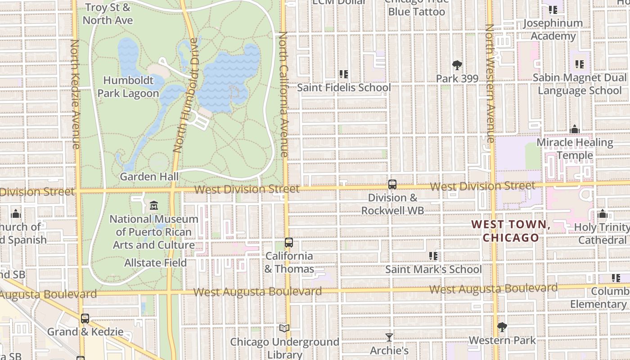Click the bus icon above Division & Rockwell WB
pos(392,184)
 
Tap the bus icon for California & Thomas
pos(289,243)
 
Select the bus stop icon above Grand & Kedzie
pos(85,319)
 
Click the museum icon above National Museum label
pos(154,206)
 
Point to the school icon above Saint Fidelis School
pos(344,74)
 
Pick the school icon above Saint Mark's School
pos(433,256)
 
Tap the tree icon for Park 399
pos(457,65)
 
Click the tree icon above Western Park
pos(502,327)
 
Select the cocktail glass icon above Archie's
pos(389,337)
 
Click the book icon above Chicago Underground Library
pos(284,328)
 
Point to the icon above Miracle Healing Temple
pos(575,130)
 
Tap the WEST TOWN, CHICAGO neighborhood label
pos(511,231)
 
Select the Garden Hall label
pos(149,177)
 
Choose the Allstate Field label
pos(155,262)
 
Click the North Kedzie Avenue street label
pos(75,94)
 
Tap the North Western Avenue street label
pos(490,83)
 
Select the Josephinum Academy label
pos(553,29)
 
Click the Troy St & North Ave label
pos(108,14)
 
